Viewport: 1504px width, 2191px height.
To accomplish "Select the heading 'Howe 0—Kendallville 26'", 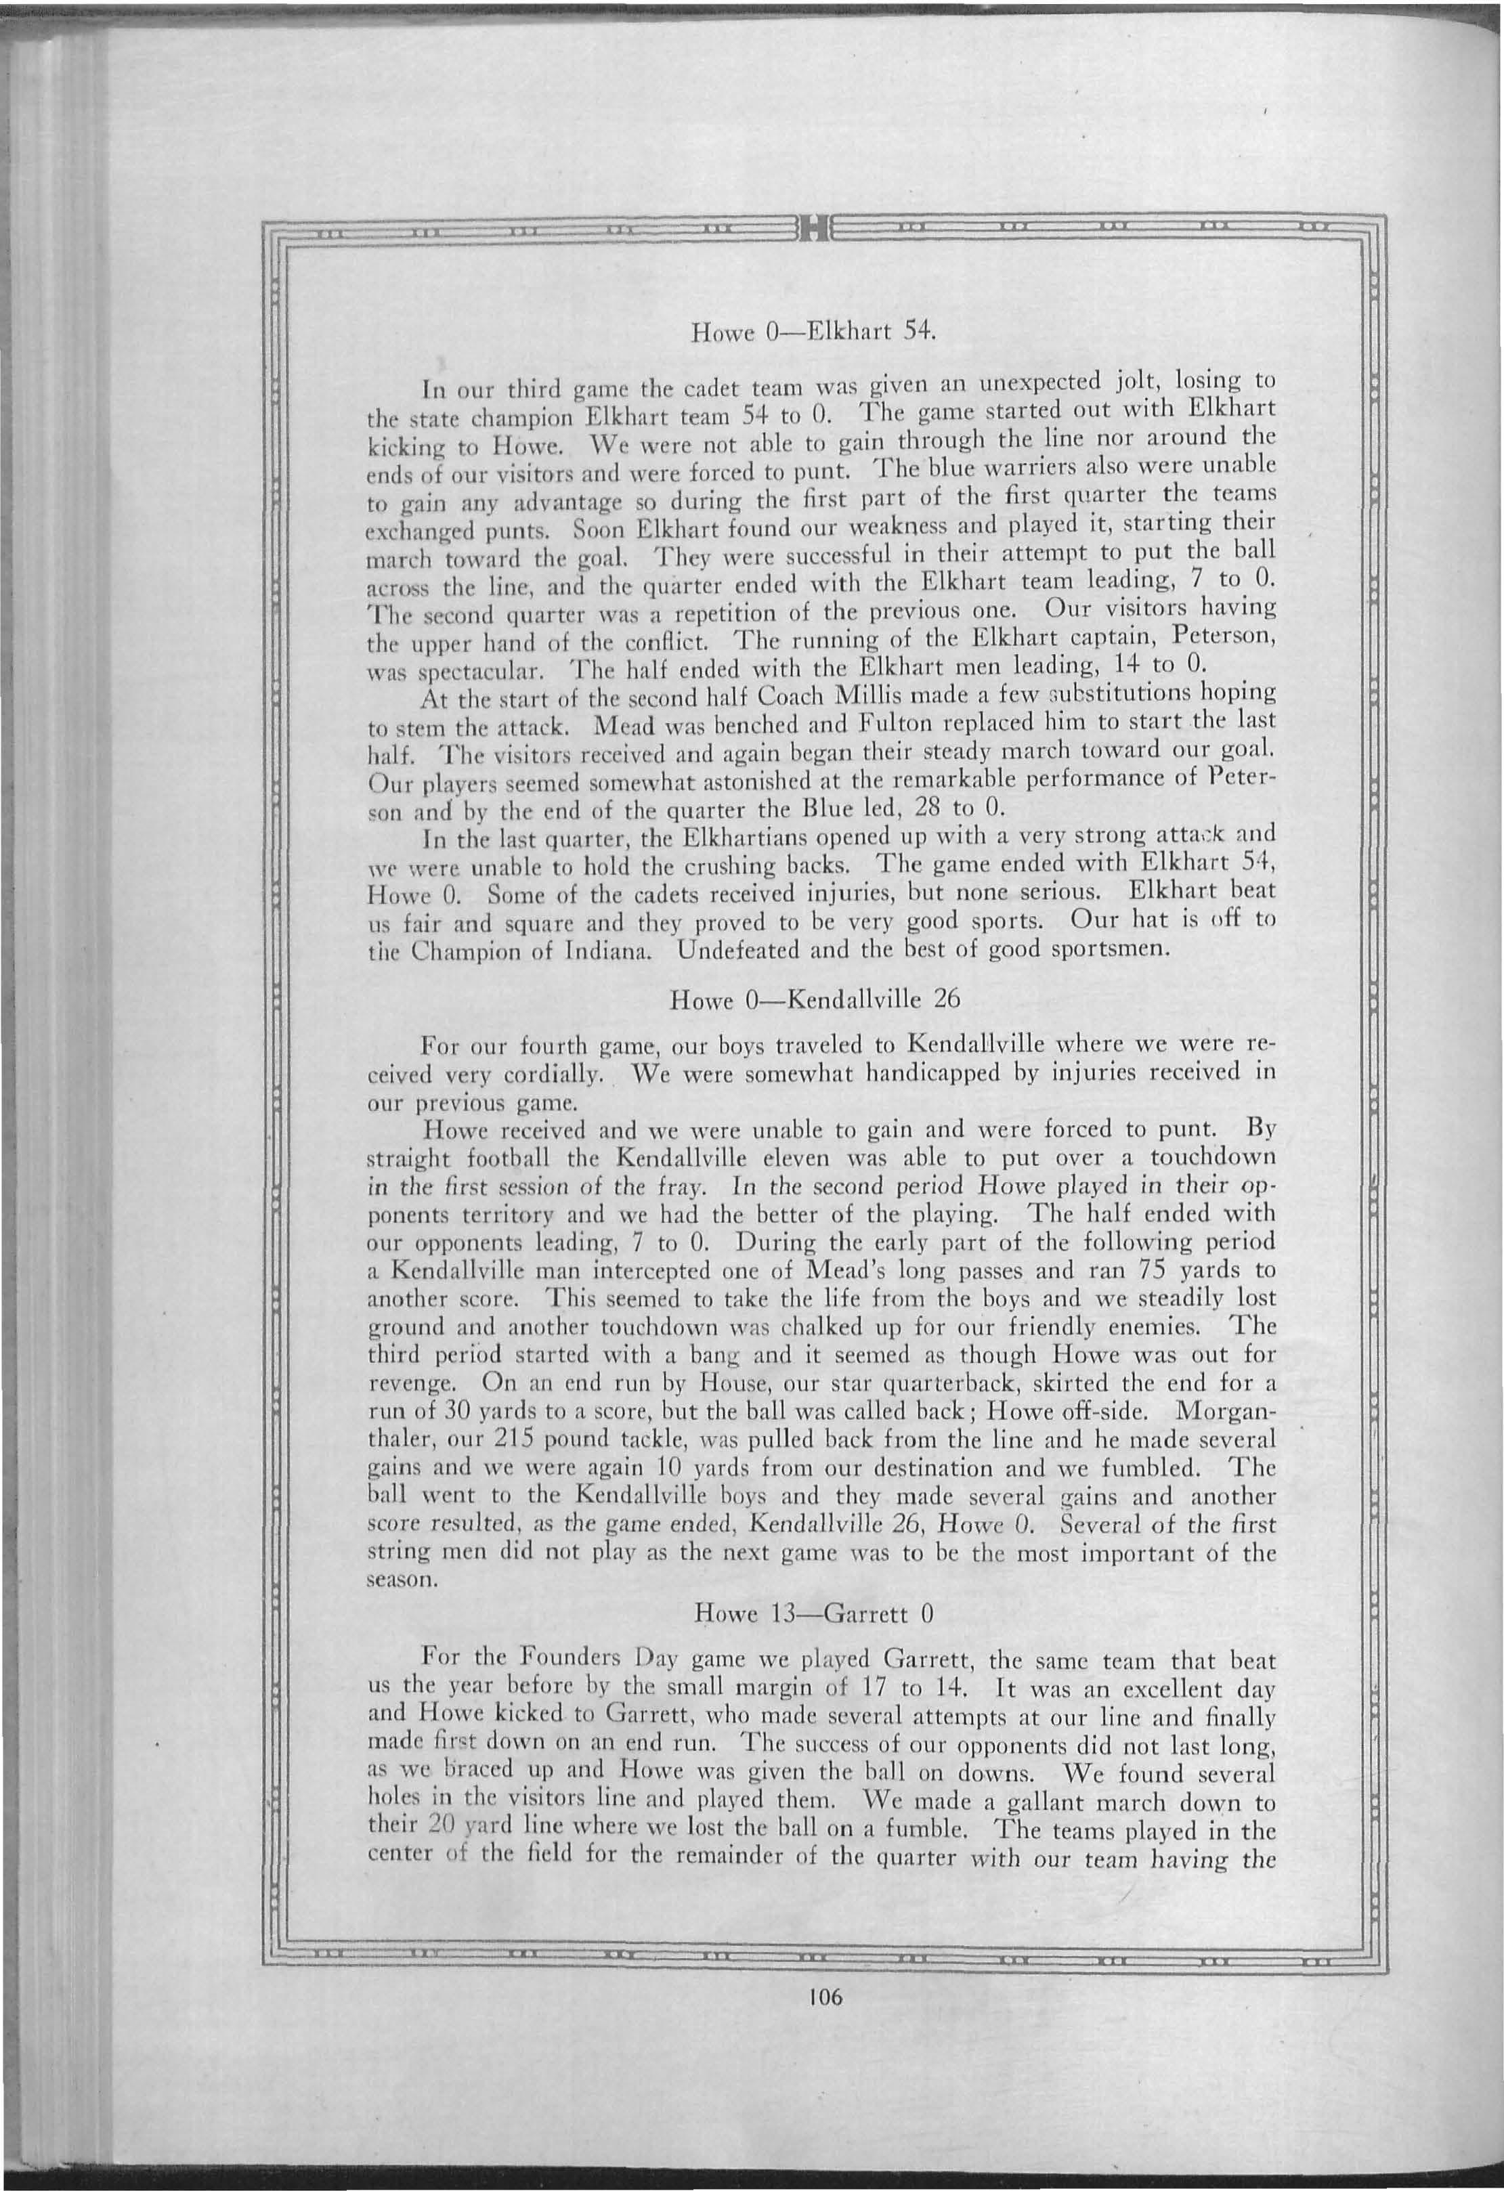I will tap(814, 999).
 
